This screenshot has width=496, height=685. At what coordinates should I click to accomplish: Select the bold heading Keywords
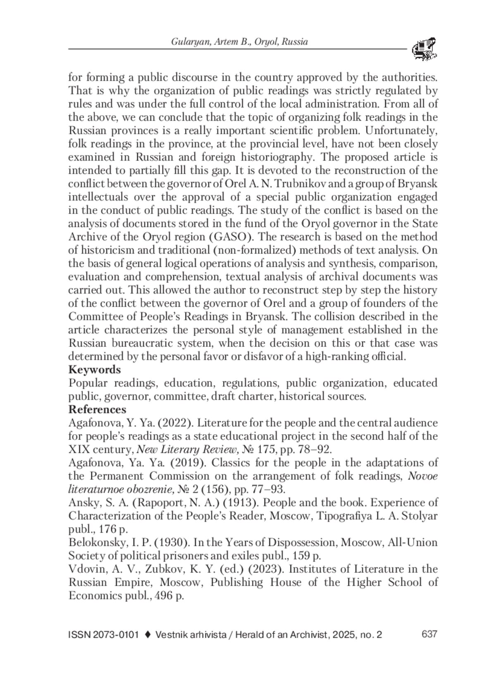(95, 369)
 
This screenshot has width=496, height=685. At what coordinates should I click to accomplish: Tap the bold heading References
(97, 409)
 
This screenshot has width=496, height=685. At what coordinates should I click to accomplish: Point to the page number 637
(429, 634)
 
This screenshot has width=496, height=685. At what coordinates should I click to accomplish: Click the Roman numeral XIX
(79, 449)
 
